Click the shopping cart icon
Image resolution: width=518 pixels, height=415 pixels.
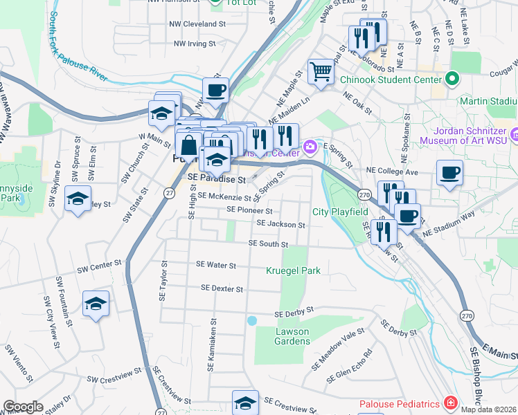click(320, 71)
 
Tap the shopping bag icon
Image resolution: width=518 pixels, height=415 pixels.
click(188, 146)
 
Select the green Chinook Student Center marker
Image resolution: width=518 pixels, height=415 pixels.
click(453, 79)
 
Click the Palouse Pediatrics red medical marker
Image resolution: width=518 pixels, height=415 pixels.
click(450, 403)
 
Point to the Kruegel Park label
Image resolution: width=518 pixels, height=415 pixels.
click(293, 270)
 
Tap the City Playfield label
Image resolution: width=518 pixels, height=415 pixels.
click(341, 211)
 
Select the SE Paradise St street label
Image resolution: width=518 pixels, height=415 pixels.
click(217, 178)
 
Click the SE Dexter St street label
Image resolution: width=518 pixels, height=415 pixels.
click(222, 288)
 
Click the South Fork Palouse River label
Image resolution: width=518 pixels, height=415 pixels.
click(78, 56)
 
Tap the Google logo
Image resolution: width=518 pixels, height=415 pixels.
click(23, 407)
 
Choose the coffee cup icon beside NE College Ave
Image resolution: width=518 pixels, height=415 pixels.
click(449, 173)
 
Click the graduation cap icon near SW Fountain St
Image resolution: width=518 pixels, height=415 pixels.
click(96, 303)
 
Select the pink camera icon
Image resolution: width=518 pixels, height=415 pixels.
click(310, 145)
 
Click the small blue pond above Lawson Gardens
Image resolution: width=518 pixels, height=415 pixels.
click(252, 321)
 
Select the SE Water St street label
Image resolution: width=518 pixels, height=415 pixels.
click(216, 265)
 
